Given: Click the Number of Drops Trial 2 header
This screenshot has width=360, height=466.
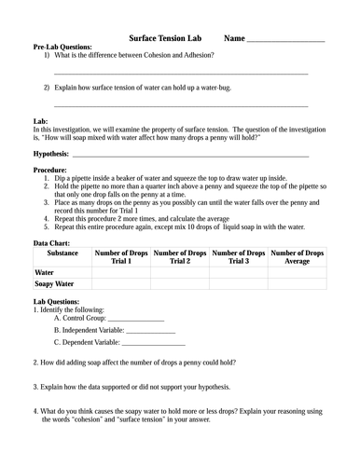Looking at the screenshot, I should [x=181, y=257].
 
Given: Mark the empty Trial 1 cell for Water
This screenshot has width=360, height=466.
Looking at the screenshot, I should [x=121, y=272].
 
